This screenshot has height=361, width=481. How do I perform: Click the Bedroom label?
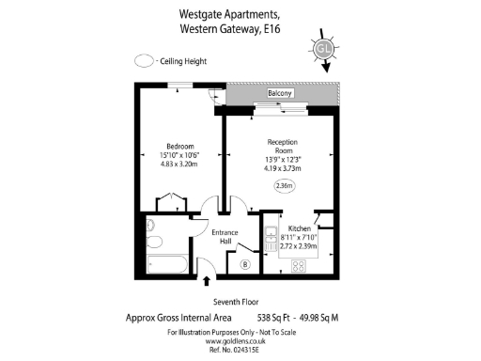click(x=180, y=146)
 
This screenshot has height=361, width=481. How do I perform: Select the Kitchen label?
click(x=300, y=228)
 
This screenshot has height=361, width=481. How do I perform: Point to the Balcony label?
click(x=281, y=94)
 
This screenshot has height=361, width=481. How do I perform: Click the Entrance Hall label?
click(x=225, y=237)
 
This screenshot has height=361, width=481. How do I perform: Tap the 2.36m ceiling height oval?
click(x=284, y=187)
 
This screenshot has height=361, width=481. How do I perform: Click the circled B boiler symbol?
click(x=245, y=264)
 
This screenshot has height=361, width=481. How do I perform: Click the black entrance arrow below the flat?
click(x=207, y=281)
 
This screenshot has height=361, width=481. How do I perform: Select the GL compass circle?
click(x=324, y=49)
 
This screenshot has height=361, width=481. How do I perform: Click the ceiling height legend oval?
click(x=143, y=60)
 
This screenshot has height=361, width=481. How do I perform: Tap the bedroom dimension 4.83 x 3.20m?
click(x=180, y=165)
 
